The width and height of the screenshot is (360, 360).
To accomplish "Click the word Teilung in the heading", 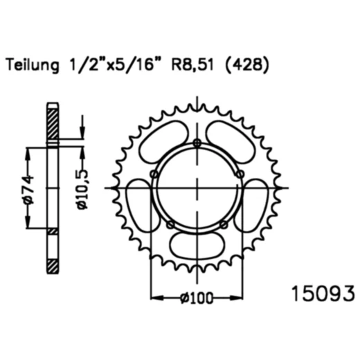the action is coord(33,66).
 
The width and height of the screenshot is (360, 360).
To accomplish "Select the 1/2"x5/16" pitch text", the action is coord(111,65).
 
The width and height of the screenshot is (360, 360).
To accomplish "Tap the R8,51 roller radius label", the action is coord(192,64).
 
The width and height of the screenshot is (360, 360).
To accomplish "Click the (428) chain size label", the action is coord(247,65).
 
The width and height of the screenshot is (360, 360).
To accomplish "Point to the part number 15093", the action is coord(323,294).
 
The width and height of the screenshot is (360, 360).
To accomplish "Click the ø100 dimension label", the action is coord(197,298).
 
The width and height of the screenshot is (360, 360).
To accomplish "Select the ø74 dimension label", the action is coord(29,190).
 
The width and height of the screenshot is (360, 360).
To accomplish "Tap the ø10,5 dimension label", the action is coord(82,189).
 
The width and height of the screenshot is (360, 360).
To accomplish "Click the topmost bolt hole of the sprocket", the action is coord(197,143).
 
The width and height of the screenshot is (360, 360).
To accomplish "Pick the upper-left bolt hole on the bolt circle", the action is coord(154,174).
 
